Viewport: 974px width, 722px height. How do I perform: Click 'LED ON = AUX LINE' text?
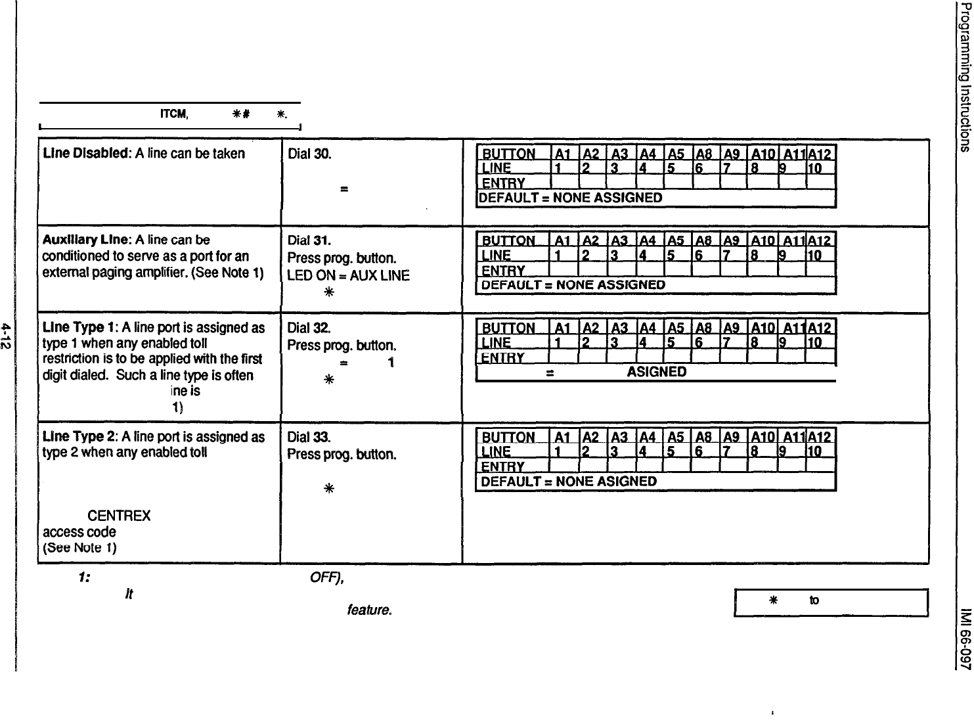349,276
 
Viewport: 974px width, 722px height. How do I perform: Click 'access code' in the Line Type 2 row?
79,531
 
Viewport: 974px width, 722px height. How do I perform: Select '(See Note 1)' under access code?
80,547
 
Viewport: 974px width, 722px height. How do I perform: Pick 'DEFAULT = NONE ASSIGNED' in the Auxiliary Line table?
573,285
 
